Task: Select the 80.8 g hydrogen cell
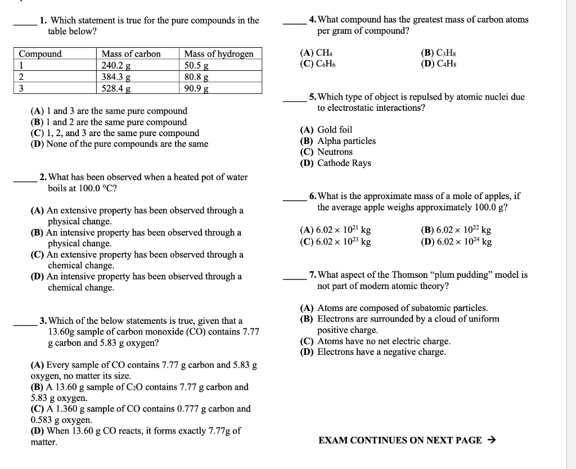(222, 76)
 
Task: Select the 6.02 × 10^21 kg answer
(336, 230)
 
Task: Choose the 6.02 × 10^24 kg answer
(456, 242)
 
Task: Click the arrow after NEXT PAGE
(490, 440)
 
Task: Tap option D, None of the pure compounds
(119, 144)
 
